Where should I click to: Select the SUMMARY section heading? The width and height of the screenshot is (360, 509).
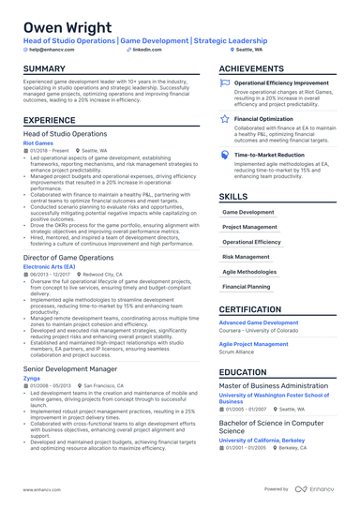[x=44, y=69]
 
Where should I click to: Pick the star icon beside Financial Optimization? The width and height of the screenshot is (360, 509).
[x=225, y=119]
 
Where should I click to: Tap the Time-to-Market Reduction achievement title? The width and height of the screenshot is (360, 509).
[x=269, y=155]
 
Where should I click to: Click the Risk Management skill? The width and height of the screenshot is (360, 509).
[x=246, y=256]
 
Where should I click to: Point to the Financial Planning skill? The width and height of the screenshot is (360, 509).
[x=247, y=286]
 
